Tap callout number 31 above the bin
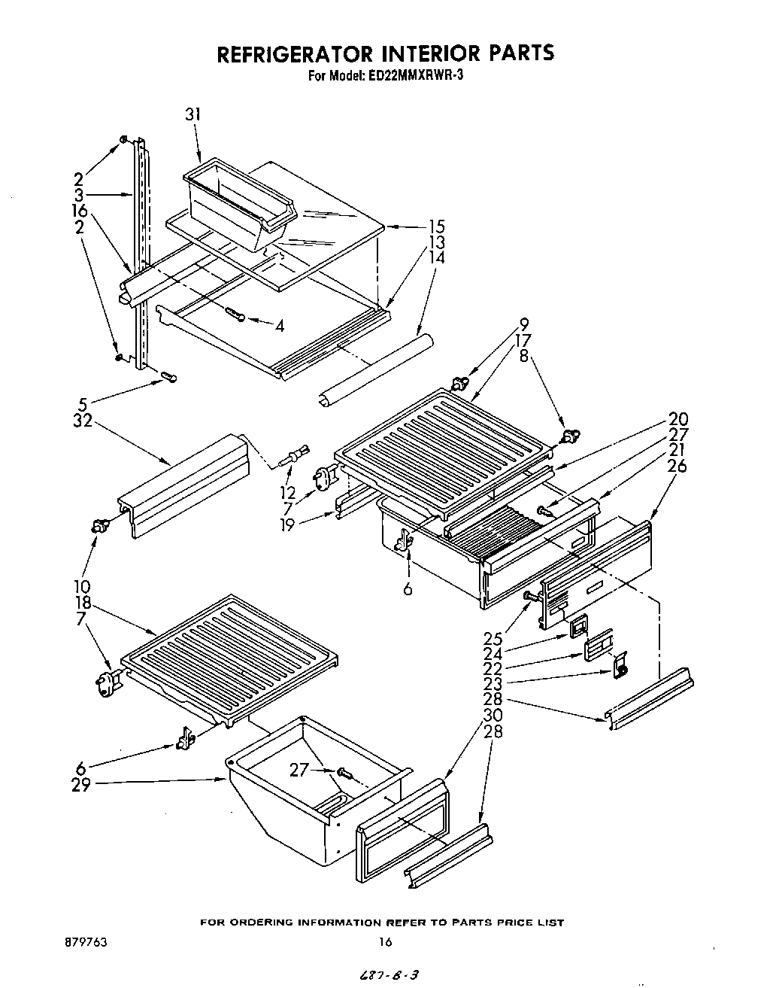(194, 114)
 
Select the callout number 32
(83, 421)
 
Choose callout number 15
(436, 226)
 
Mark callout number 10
(83, 586)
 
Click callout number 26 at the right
(677, 467)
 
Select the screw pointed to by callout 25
(533, 596)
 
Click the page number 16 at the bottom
(385, 941)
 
